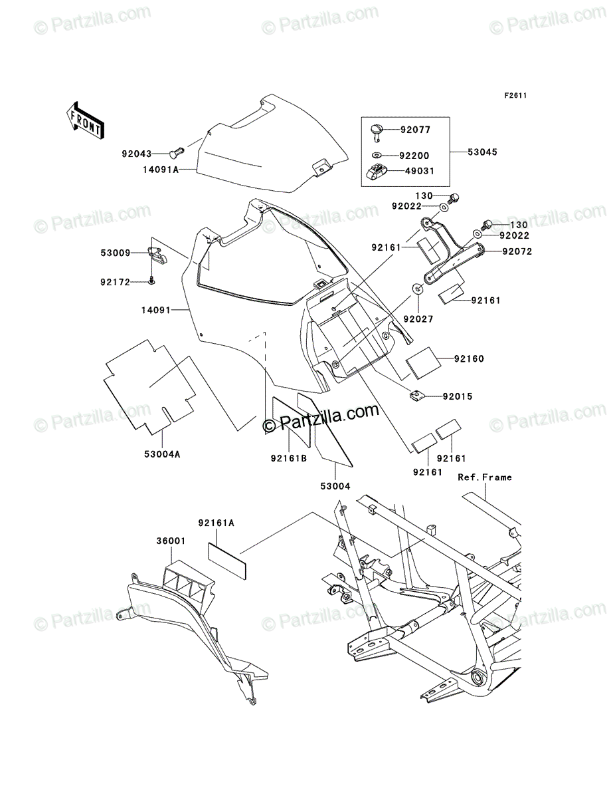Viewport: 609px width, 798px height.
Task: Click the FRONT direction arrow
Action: (x=85, y=120)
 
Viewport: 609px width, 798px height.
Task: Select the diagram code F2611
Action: (x=515, y=96)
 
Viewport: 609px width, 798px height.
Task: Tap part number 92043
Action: (x=136, y=154)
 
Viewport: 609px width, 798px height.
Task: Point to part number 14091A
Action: (x=161, y=170)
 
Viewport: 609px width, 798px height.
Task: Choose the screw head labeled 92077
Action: (x=377, y=132)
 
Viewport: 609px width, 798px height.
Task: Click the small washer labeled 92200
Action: (x=377, y=156)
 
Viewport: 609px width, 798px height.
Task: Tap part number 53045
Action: (x=482, y=152)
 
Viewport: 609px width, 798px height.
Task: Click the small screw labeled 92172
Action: (x=151, y=281)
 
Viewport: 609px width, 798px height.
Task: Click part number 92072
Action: (x=517, y=251)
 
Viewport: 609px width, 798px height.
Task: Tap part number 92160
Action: (x=469, y=359)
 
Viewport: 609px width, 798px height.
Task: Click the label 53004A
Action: (x=162, y=454)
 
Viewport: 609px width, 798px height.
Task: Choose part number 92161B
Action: (x=288, y=458)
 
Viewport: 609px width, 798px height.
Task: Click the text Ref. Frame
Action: (x=485, y=477)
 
